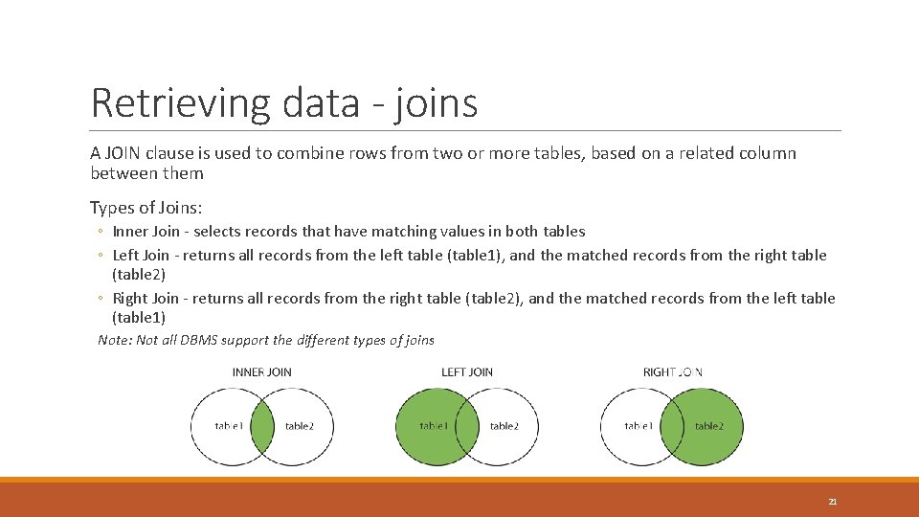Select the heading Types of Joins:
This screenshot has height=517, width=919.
pyautogui.click(x=146, y=207)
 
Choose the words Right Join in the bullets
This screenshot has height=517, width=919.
pyautogui.click(x=145, y=298)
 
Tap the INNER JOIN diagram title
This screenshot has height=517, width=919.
pyautogui.click(x=262, y=371)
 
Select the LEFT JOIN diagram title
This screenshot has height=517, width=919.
pyautogui.click(x=467, y=371)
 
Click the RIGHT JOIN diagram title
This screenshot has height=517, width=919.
pyautogui.click(x=673, y=371)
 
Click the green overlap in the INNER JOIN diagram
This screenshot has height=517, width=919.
pyautogui.click(x=262, y=426)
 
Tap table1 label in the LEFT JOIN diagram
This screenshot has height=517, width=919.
pyautogui.click(x=433, y=426)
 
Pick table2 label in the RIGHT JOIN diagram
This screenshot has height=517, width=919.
pyautogui.click(x=708, y=426)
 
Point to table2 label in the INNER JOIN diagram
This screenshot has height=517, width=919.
pyautogui.click(x=299, y=426)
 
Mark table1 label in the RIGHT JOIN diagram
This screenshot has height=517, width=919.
pyautogui.click(x=639, y=426)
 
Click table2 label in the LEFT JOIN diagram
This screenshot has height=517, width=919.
pyautogui.click(x=504, y=426)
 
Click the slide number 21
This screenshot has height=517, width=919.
pyautogui.click(x=832, y=501)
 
